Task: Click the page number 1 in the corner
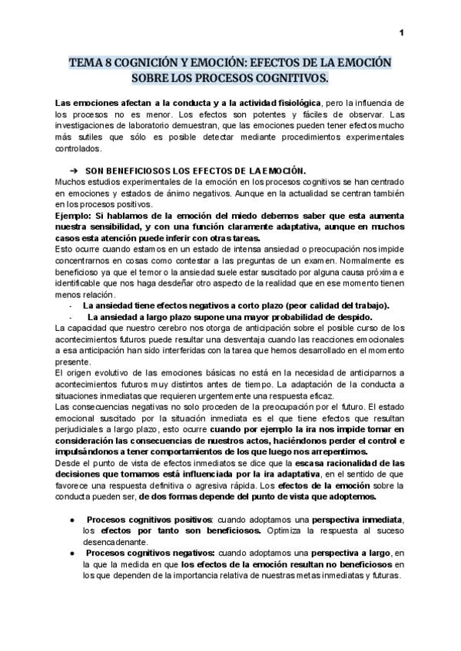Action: pyautogui.click(x=401, y=32)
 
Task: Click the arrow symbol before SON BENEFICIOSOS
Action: pyautogui.click(x=75, y=170)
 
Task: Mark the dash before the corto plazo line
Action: pyautogui.click(x=71, y=306)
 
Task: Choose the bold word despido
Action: pyautogui.click(x=351, y=317)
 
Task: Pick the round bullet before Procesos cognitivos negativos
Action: pyautogui.click(x=71, y=553)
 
